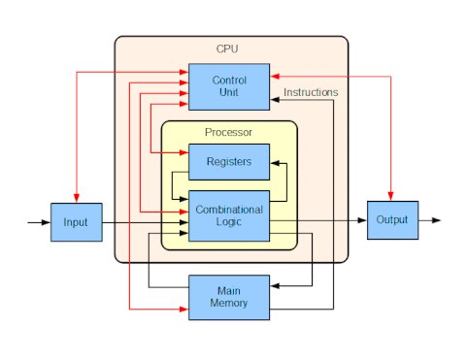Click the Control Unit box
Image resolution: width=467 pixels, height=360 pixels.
point(229,86)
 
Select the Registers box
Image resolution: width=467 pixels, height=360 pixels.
point(229,162)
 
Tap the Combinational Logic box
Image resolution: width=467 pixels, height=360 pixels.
point(229,215)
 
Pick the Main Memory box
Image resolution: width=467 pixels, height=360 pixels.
point(229,298)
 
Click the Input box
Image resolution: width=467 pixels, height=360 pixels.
point(77,222)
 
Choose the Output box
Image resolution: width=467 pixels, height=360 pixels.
point(392,220)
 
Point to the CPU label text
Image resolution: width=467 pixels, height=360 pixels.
point(227,49)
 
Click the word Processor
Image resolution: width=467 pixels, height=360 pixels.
point(228,132)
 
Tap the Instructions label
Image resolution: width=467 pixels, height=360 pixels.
point(311,92)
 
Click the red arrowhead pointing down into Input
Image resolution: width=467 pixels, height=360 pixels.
point(77,198)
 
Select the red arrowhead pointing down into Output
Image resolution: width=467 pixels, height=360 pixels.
point(390,196)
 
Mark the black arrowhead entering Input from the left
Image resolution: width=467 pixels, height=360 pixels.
point(46,222)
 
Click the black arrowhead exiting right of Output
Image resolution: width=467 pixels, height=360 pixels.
point(436,220)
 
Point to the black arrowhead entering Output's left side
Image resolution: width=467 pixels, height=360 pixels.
point(362,220)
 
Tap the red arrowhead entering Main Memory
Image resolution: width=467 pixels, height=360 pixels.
point(183,310)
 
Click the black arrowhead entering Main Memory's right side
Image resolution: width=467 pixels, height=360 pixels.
point(275,286)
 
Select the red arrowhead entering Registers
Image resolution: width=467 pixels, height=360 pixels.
point(183,152)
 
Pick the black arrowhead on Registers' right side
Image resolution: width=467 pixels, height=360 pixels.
point(275,163)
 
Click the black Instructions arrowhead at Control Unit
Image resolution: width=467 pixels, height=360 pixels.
point(275,100)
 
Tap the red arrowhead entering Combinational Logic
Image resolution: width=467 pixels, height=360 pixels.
point(183,212)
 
